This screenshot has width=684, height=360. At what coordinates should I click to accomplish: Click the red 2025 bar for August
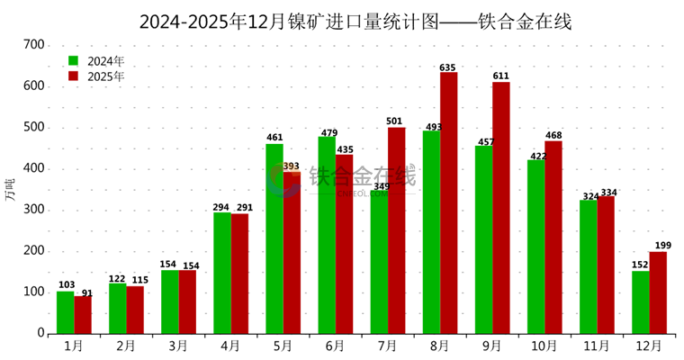[x=448, y=202]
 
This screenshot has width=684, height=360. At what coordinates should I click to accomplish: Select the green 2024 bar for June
[x=327, y=235]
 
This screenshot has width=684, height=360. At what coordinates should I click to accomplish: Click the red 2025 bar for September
[x=500, y=208]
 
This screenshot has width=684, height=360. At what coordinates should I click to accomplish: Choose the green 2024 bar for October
[x=535, y=247]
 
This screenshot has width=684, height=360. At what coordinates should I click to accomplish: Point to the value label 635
[x=448, y=67]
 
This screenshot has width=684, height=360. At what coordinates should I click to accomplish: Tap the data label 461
[x=274, y=138]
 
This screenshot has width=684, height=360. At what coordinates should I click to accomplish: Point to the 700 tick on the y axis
[x=33, y=44]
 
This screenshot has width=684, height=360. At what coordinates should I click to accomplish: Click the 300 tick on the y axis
[x=33, y=210]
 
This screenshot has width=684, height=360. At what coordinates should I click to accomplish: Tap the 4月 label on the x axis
[x=230, y=345]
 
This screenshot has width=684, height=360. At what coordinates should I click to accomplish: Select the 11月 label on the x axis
[x=597, y=345]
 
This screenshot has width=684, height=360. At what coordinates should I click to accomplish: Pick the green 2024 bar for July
[x=379, y=262]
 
